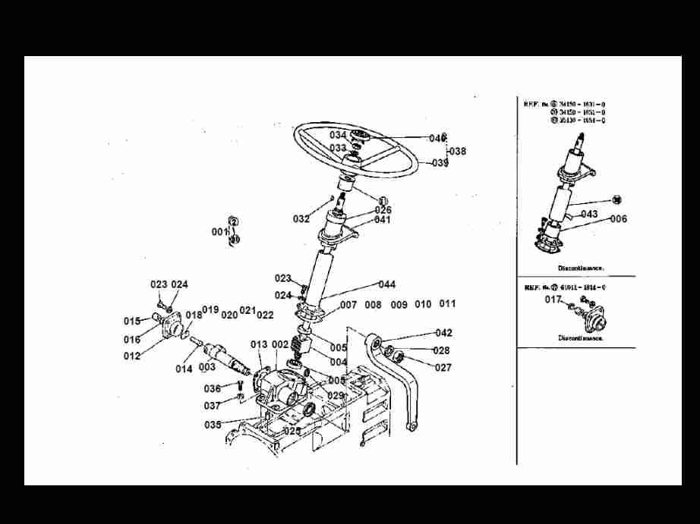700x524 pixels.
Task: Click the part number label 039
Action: point(440,163)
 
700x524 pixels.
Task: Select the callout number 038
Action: point(458,151)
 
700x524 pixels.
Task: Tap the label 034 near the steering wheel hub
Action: point(337,135)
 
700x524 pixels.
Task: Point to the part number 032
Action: point(301,218)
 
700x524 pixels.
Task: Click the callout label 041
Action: point(382,220)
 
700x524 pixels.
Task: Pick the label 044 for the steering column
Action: point(386,284)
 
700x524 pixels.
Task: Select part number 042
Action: point(443,333)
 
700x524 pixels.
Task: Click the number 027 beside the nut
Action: point(443,368)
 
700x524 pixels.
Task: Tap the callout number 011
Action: point(447,304)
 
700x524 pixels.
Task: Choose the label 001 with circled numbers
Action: point(219,231)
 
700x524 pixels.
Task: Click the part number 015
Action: point(132,321)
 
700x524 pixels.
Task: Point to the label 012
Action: point(132,356)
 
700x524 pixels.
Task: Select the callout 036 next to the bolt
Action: point(212,389)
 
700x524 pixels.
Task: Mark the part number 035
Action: point(213,425)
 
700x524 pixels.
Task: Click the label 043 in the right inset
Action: point(589,214)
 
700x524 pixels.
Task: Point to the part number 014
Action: point(184,369)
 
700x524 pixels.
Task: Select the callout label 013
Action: point(259,345)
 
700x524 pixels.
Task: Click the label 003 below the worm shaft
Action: point(207,368)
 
